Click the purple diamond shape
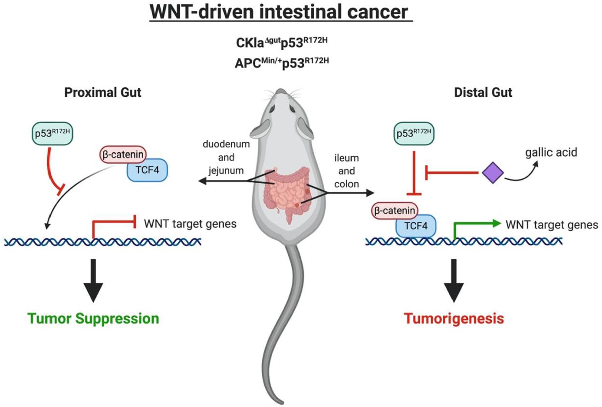[493, 173]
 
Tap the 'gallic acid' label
[551, 152]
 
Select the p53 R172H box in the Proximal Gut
[52, 133]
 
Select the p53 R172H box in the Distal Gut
[414, 133]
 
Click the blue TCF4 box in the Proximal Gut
[147, 170]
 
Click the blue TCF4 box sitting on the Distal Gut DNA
[416, 226]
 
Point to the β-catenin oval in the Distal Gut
[395, 211]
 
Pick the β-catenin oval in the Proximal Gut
[123, 155]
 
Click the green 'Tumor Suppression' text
[93, 318]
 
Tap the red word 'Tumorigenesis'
[454, 318]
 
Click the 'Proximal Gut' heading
[103, 93]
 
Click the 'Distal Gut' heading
[483, 93]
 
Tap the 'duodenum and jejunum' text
[226, 157]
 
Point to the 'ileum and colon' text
[346, 171]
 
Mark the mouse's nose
[281, 91]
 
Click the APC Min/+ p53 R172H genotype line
[282, 63]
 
